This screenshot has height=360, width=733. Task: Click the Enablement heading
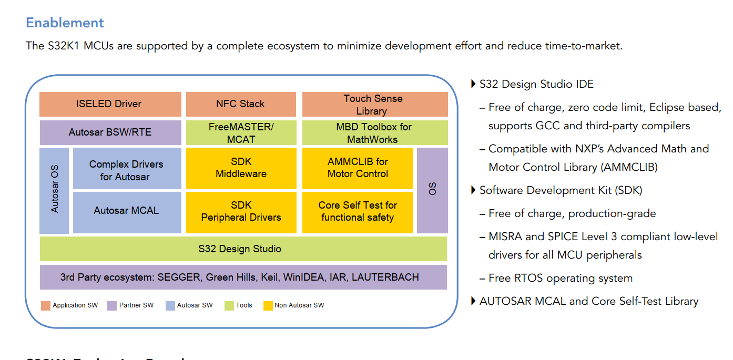[x=65, y=23]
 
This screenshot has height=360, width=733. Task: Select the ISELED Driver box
[x=110, y=104]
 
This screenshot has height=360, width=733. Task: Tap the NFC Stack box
[x=240, y=104]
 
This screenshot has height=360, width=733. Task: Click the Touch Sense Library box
[x=374, y=104]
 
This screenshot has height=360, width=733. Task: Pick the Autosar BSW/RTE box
[x=110, y=132]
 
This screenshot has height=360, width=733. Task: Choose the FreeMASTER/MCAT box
[x=240, y=132]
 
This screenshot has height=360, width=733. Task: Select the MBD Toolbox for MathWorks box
[x=374, y=132]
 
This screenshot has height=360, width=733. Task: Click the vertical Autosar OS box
[x=54, y=190]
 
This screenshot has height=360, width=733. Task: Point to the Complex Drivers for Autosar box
[x=127, y=170]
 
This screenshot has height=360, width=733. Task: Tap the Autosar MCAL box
[x=127, y=211]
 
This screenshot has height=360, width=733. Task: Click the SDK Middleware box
[x=241, y=168]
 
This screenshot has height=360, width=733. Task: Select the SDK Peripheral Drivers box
[x=241, y=211]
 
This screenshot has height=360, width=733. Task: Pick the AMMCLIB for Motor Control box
[x=358, y=168]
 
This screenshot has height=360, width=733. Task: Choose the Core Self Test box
[x=358, y=211]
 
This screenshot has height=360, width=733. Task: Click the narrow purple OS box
[x=432, y=190]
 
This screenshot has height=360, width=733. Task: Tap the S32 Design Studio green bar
[x=243, y=249]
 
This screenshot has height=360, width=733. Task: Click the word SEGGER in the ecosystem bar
[x=179, y=277]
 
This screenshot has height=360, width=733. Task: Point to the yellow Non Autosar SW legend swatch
[x=268, y=305]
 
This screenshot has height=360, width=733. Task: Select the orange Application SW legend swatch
[x=46, y=305]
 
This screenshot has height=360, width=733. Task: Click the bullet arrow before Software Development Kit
[x=473, y=190]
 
